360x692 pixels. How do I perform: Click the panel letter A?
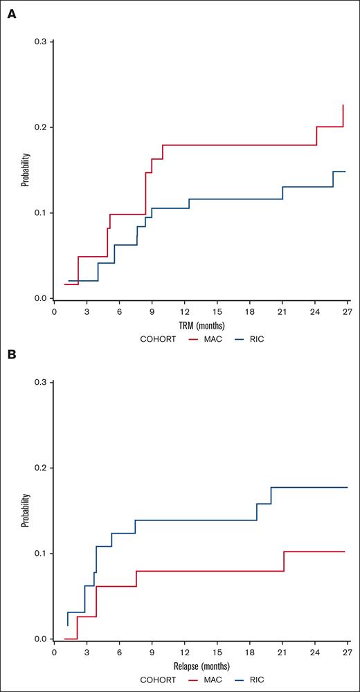(x=12, y=14)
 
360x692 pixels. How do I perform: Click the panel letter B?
(x=12, y=355)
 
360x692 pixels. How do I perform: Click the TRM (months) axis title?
(x=201, y=325)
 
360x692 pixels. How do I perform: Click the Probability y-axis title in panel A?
(x=25, y=170)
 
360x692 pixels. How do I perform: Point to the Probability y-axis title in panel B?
(x=25, y=511)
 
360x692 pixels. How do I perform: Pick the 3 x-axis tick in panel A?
(x=87, y=311)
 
